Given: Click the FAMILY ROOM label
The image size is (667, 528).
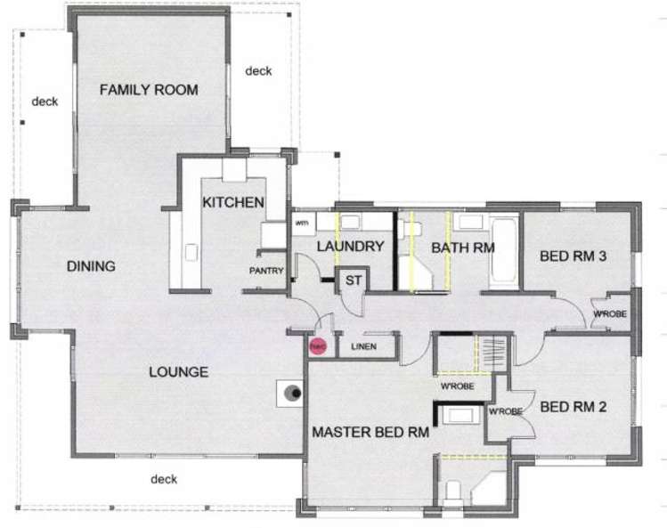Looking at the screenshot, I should coord(148,90).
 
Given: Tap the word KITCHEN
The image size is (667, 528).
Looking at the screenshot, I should coord(233,202).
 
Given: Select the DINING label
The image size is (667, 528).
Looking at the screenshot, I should coord(91,265).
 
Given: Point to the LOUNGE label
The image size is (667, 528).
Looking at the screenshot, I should coord(179,371).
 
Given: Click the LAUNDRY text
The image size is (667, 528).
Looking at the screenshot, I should coord(350,247).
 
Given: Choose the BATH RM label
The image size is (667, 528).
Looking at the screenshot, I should coord(462,248).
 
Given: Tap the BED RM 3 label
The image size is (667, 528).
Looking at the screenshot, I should coord(573,256).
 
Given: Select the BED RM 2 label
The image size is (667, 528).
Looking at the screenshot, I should coord(573,407).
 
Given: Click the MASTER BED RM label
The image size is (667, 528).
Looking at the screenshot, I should coord(370,433).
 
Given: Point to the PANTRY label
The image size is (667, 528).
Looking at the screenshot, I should coord(266,271).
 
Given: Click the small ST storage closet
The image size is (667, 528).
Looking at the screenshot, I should coord(353,280).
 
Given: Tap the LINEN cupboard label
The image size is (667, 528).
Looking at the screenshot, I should coord(362,346).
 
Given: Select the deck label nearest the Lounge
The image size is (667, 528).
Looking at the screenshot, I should coord(163,479).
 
